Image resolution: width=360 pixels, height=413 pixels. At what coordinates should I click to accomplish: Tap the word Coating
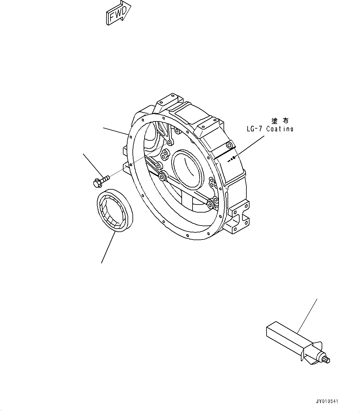[x=280, y=129]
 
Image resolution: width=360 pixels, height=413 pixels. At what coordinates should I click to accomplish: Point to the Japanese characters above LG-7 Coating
[x=280, y=121]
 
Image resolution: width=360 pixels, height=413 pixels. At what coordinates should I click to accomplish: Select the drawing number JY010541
[x=327, y=401]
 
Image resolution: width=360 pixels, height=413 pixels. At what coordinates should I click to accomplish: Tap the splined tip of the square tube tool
[x=327, y=360]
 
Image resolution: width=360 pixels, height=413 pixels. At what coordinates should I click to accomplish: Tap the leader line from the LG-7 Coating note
[x=251, y=147]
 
